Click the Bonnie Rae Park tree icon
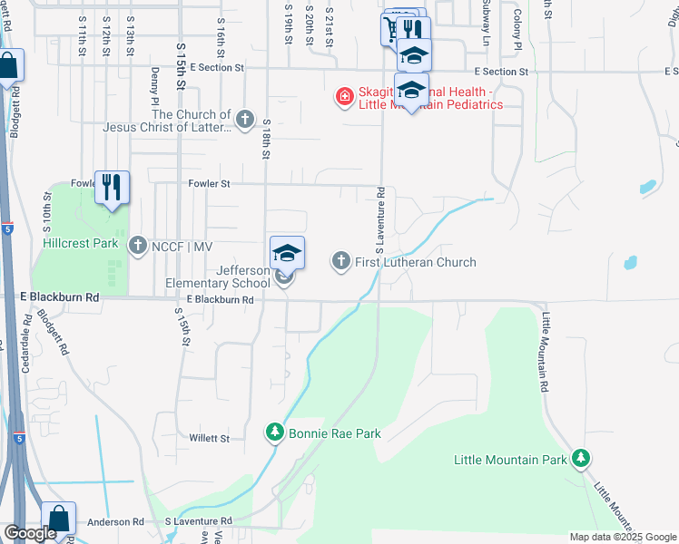tap(275, 433)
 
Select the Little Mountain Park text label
tap(510, 461)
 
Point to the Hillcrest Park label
tap(80, 244)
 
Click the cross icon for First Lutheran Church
tap(341, 262)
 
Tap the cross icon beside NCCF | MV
tap(138, 246)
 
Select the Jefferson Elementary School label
tap(218, 277)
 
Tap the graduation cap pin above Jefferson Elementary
tap(287, 254)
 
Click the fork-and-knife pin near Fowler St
tap(112, 188)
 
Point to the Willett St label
tap(209, 438)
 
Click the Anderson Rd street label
tap(115, 522)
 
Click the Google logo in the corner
tap(29, 533)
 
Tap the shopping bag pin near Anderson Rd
tap(58, 520)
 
